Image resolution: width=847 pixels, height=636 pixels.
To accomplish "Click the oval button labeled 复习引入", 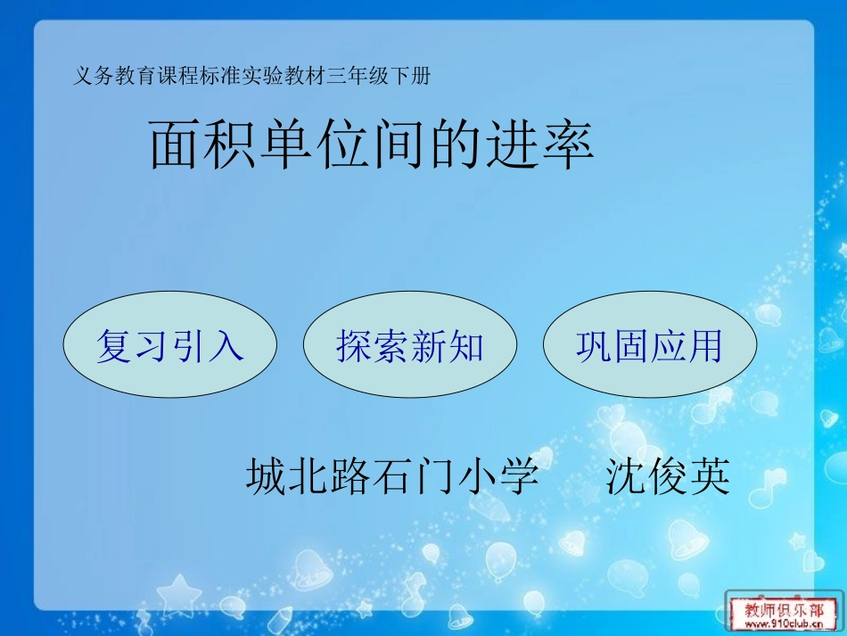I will pos(169,345).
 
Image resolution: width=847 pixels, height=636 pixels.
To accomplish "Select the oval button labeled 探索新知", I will pos(409,345).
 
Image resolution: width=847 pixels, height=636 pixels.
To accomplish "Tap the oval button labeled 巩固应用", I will pos(649,345).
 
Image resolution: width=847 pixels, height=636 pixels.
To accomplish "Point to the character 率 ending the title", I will pos(567,145).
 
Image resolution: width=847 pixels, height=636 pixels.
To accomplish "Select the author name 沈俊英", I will pos(668,477).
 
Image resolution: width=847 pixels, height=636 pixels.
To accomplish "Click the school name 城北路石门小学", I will pos(392,477).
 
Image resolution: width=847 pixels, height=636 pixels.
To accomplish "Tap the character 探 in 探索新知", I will pos(353,345).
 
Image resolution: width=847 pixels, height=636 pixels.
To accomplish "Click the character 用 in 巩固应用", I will pos(704,345).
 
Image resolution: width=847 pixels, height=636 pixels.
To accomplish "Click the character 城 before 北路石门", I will pos(265,477).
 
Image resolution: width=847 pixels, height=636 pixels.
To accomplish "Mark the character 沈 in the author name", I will pos(625,477).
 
